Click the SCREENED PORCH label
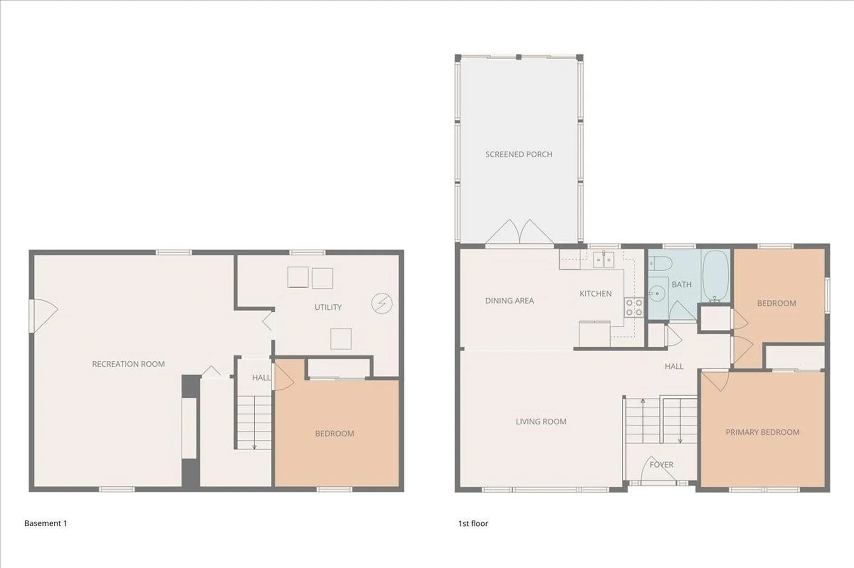(x=519, y=154)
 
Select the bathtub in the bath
(x=716, y=276)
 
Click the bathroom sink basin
(x=657, y=293)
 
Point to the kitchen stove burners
(x=634, y=307)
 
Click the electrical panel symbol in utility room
(x=382, y=303)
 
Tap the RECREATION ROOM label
(x=128, y=364)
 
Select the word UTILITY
(x=328, y=307)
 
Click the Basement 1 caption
(x=45, y=523)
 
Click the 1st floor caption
(x=473, y=524)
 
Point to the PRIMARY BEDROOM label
(x=762, y=432)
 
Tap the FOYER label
(x=661, y=464)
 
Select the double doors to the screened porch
(x=519, y=232)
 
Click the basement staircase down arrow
(x=254, y=445)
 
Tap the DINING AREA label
(x=509, y=300)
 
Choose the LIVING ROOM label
(x=541, y=421)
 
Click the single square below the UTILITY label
(x=341, y=339)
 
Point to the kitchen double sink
(x=604, y=260)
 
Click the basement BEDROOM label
(x=334, y=433)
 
